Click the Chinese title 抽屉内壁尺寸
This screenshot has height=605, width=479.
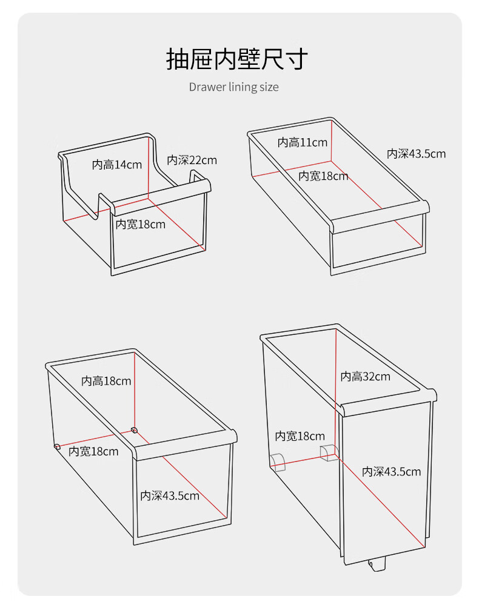(237, 59)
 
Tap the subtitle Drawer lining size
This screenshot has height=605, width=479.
(233, 87)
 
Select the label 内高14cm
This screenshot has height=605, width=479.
(116, 165)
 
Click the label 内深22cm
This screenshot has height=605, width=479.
(192, 160)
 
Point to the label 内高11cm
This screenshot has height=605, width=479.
(303, 142)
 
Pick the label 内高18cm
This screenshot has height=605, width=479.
(106, 381)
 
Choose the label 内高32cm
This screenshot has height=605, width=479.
(366, 376)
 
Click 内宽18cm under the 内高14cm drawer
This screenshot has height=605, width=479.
(140, 224)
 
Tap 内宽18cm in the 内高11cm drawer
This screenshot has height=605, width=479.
(323, 176)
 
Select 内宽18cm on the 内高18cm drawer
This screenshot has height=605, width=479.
(93, 451)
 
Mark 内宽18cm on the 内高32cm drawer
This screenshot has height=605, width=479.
(300, 436)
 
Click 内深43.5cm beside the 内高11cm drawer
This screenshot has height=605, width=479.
(417, 154)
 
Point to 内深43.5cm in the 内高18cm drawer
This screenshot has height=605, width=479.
(170, 495)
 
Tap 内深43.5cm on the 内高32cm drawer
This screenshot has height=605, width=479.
(391, 471)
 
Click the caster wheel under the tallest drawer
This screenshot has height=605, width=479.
(377, 565)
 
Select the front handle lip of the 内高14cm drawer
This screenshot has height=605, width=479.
(160, 196)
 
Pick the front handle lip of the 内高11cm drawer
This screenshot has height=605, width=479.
(380, 217)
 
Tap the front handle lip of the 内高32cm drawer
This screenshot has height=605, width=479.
(388, 403)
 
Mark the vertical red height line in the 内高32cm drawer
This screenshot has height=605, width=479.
(335, 393)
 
